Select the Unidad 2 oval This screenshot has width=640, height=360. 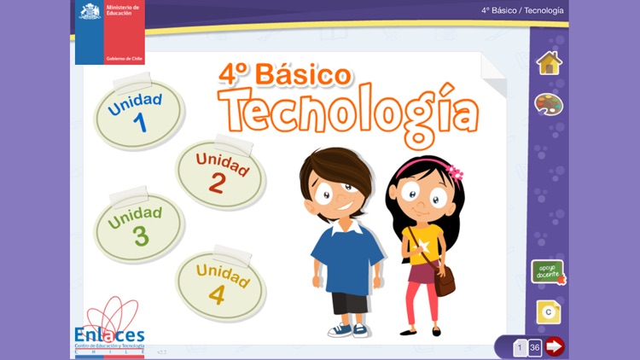[x=220, y=174]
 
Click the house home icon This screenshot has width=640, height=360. [x=549, y=63]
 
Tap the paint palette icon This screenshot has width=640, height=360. [x=549, y=104]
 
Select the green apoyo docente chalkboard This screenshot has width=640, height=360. [x=547, y=272]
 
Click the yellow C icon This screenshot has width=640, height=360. [x=548, y=312]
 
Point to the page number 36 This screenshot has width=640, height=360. [x=535, y=347]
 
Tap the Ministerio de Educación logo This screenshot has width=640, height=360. [x=109, y=32]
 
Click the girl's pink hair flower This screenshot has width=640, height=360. [x=454, y=171]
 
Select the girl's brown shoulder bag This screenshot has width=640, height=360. [x=444, y=280]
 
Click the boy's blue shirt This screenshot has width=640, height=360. [x=346, y=259]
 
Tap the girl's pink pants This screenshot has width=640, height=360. [x=422, y=299]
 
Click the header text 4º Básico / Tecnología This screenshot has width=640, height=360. [x=521, y=11]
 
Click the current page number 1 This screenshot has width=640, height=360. [x=519, y=347]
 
